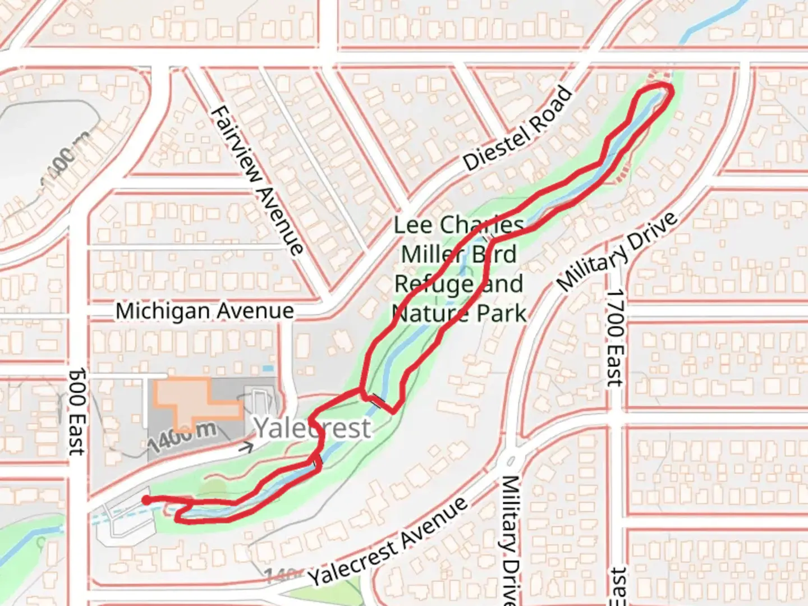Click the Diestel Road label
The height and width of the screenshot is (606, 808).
point(518,129)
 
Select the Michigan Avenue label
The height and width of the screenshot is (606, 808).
point(205,311)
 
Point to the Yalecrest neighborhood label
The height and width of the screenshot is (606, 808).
point(313,428)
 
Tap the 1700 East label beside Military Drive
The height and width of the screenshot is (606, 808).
point(616,337)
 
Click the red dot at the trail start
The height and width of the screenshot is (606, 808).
point(146,500)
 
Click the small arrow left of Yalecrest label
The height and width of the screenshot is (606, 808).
point(245,447)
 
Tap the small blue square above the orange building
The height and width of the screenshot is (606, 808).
point(268,369)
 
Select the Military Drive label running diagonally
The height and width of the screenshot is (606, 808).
point(618,252)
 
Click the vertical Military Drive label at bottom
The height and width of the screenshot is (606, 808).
point(511,539)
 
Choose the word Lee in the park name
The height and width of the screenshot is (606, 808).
point(413,225)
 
